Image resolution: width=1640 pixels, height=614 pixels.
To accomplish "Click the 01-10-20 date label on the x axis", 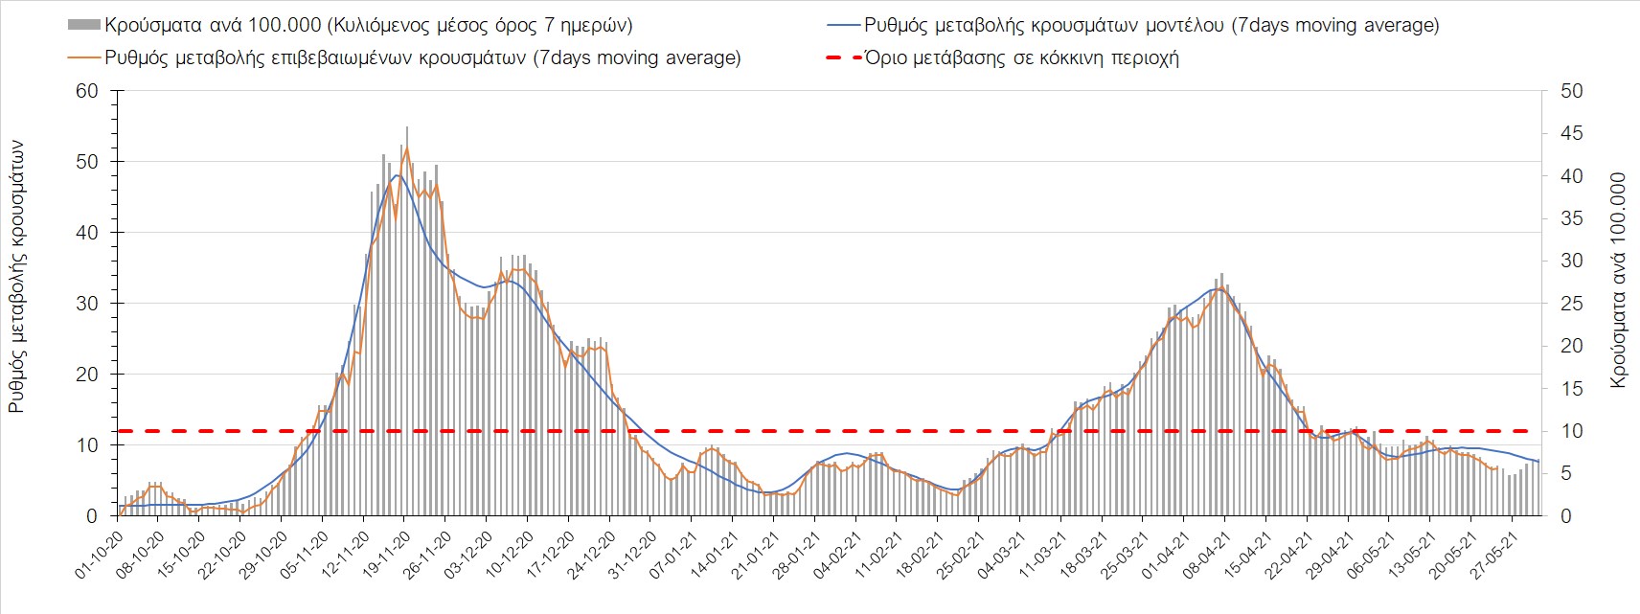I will pyautogui.click(x=100, y=550).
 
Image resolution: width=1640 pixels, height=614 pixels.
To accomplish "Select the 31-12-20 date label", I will pyautogui.click(x=633, y=550).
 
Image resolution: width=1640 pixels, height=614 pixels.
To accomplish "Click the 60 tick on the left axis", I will pyautogui.click(x=87, y=91).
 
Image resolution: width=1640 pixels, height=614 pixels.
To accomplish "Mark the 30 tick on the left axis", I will pyautogui.click(x=87, y=304).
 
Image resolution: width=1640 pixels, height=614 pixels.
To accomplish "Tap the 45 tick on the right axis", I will pyautogui.click(x=1572, y=133).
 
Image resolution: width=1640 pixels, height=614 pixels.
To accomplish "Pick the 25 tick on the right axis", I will pyautogui.click(x=1572, y=304).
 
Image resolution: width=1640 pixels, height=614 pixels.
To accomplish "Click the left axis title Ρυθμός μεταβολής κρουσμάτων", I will pyautogui.click(x=16, y=277).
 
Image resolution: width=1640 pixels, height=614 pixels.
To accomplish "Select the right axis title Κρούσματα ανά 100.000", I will pyautogui.click(x=1619, y=280).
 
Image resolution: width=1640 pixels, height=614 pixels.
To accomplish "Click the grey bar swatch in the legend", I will pyautogui.click(x=84, y=26).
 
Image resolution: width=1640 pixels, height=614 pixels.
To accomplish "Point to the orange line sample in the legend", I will pyautogui.click(x=84, y=57).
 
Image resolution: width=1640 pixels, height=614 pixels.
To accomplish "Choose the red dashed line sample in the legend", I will pyautogui.click(x=843, y=57).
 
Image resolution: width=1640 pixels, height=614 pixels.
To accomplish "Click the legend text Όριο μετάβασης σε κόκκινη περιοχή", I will pyautogui.click(x=1021, y=57).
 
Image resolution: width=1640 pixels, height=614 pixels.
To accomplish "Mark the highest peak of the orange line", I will pyautogui.click(x=407, y=148).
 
